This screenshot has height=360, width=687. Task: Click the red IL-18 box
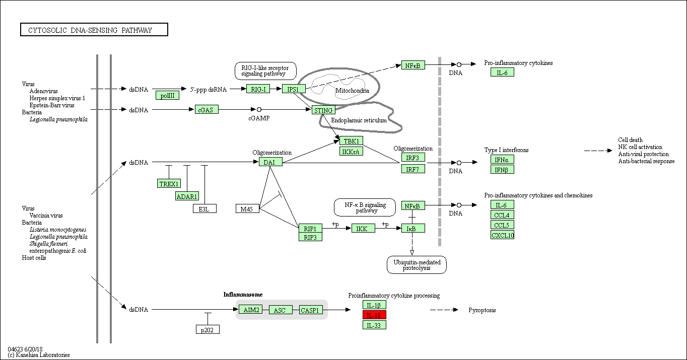coord(374,315)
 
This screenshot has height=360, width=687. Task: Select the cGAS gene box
coord(207,109)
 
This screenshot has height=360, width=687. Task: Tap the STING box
coord(323,110)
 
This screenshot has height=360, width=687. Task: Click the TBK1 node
coord(351,141)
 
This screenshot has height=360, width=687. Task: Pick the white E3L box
coord(204,208)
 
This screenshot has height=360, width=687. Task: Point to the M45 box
coord(247,208)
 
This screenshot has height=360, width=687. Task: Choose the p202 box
coord(208,330)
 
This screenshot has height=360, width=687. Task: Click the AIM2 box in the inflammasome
coord(250,310)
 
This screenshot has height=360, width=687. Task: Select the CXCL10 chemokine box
coord(502,235)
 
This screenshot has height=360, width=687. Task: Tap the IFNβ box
coord(502,169)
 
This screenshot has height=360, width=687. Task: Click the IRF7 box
coord(413,169)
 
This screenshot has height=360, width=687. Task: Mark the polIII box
coord(167,95)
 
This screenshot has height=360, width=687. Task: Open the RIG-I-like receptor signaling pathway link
coord(265,71)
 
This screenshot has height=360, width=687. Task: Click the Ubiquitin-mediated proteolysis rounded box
coord(417,265)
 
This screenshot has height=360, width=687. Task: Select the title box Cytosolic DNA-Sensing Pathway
coord(94,30)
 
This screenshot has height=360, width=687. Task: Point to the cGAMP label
coord(259,118)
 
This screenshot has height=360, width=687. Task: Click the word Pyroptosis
coord(482,310)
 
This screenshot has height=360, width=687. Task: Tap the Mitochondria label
coord(352,91)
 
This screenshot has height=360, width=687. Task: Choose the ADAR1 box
coord(187,196)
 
